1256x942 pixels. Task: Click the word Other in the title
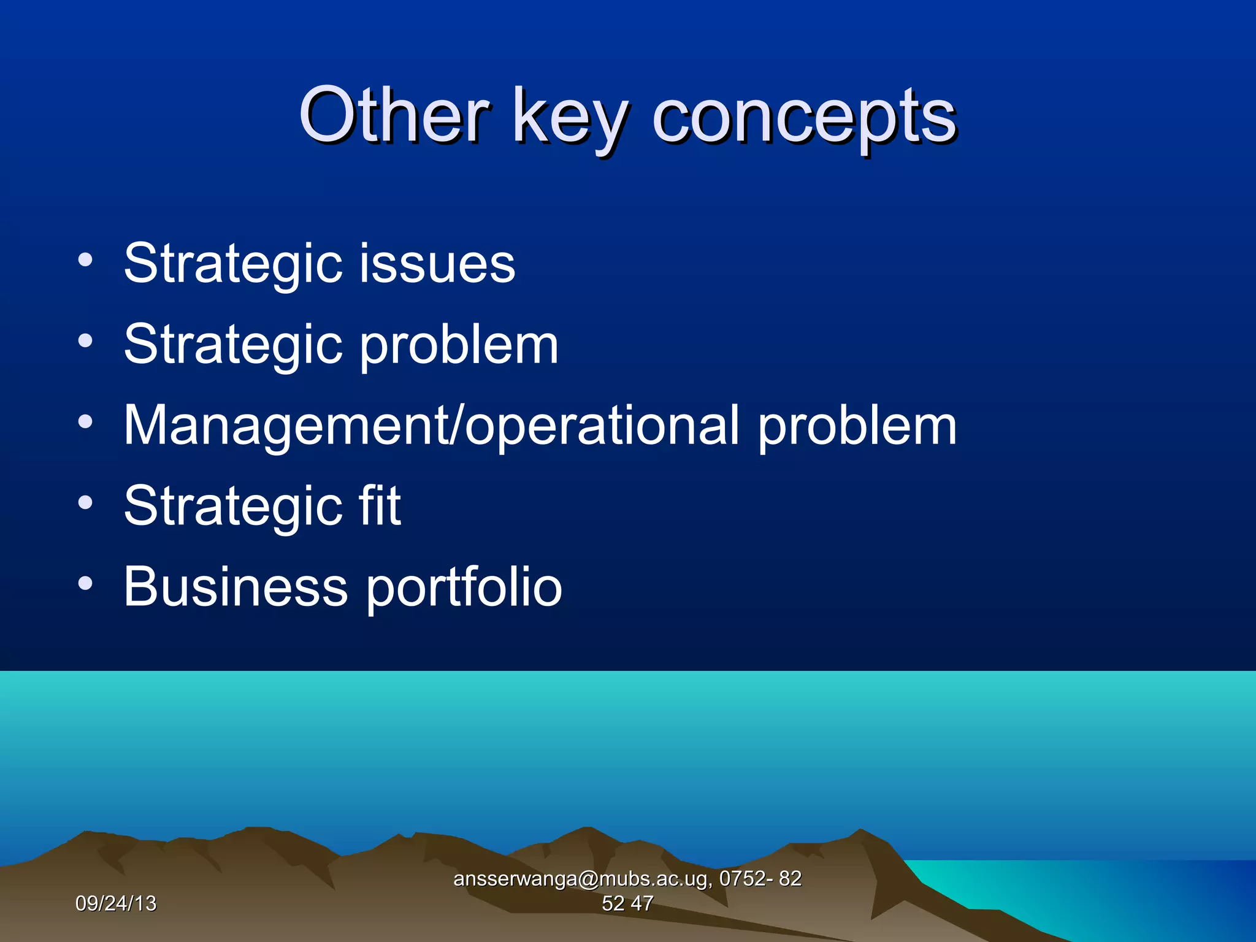pos(394,115)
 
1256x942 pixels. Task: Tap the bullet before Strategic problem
pos(85,340)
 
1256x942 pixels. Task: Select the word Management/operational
pos(432,426)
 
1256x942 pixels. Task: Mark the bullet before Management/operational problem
pos(85,421)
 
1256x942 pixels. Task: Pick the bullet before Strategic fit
pos(85,502)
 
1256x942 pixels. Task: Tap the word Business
pos(235,587)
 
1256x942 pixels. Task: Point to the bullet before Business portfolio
pos(85,583)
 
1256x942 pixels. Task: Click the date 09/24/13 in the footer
pos(116,903)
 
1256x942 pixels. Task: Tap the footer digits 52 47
pos(627,903)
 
